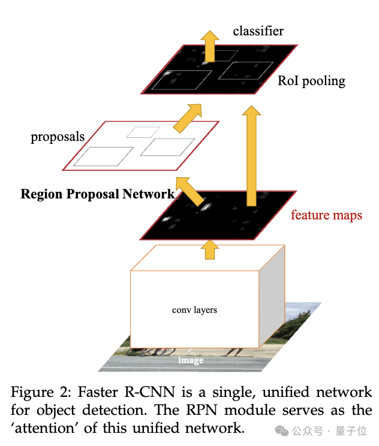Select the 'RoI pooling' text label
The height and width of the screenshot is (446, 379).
click(x=311, y=81)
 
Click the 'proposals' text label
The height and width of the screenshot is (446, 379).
click(x=58, y=137)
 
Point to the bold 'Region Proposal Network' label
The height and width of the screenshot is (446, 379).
click(x=98, y=194)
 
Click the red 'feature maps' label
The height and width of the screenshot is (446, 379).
click(x=326, y=215)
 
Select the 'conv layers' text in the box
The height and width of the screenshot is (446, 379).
click(x=194, y=310)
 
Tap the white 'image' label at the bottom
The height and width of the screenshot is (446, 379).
click(x=190, y=360)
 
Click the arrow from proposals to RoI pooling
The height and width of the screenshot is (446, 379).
click(x=189, y=117)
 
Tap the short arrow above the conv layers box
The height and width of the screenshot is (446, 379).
click(x=209, y=248)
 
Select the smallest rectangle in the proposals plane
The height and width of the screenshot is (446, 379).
click(x=139, y=132)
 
